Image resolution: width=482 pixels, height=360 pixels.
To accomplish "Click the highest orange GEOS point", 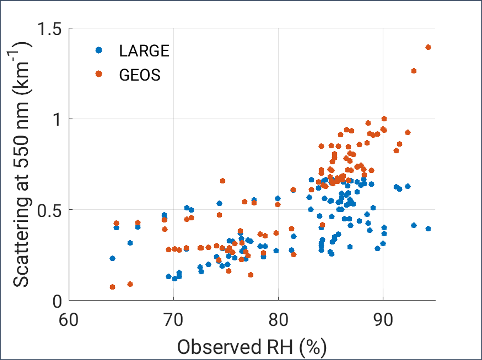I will pyautogui.click(x=428, y=47).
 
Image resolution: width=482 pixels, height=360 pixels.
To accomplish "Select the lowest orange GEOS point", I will pyautogui.click(x=112, y=287).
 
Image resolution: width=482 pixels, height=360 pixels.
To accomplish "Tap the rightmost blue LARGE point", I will pyautogui.click(x=428, y=229).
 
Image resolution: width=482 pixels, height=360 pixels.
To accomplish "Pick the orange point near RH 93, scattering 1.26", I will pyautogui.click(x=414, y=71).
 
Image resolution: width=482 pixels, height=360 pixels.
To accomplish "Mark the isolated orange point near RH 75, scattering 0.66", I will pyautogui.click(x=223, y=181).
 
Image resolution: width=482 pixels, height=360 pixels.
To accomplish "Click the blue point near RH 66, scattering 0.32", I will pyautogui.click(x=130, y=243).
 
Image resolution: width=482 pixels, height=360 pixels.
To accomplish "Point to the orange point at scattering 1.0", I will pyautogui.click(x=384, y=119).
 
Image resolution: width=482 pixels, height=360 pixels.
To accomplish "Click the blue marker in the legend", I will pyautogui.click(x=99, y=50).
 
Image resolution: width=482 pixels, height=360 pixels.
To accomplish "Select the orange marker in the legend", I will pyautogui.click(x=99, y=74).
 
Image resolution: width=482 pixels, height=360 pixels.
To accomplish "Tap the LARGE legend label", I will pyautogui.click(x=144, y=51).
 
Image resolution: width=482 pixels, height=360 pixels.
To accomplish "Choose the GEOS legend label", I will pyautogui.click(x=140, y=75).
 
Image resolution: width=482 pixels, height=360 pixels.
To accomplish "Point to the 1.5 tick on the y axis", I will pyautogui.click(x=49, y=29).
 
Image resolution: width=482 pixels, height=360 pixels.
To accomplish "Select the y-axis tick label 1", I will pyautogui.click(x=57, y=119).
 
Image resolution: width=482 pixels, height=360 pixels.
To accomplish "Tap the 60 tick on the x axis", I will pyautogui.click(x=69, y=320).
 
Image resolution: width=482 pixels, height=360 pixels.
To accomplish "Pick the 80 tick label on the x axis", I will pyautogui.click(x=278, y=320).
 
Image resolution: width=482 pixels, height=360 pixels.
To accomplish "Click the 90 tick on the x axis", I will pyautogui.click(x=383, y=320).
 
